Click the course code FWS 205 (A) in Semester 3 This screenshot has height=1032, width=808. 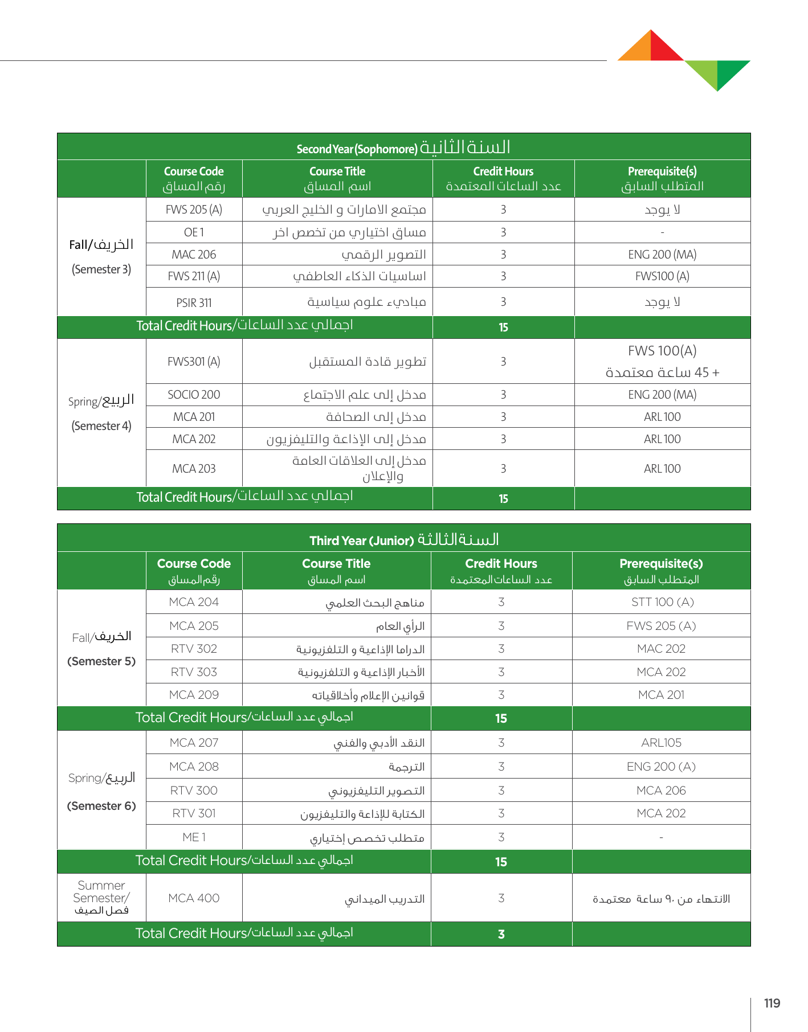tap(194, 210)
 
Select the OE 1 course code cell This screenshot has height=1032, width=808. tap(194, 232)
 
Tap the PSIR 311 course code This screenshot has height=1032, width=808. tap(194, 302)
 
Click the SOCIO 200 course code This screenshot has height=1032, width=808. tap(194, 395)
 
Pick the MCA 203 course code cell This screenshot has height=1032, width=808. tap(194, 469)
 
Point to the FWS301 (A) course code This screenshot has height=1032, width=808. tap(194, 362)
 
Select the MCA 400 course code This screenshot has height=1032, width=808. tap(194, 898)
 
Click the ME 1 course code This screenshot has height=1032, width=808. tap(194, 837)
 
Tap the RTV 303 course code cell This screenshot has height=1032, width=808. tap(194, 672)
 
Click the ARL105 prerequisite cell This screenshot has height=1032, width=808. tap(661, 743)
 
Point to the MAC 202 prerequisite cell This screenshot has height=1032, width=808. tap(661, 649)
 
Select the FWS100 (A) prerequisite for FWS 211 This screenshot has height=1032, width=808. tap(662, 276)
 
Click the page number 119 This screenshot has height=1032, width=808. tap(772, 1004)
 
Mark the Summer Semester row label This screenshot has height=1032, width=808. tap(101, 898)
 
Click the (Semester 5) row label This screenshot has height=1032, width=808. tap(101, 661)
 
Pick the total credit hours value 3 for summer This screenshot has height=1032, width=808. tap(501, 934)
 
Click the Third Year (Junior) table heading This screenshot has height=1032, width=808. tap(403, 539)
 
